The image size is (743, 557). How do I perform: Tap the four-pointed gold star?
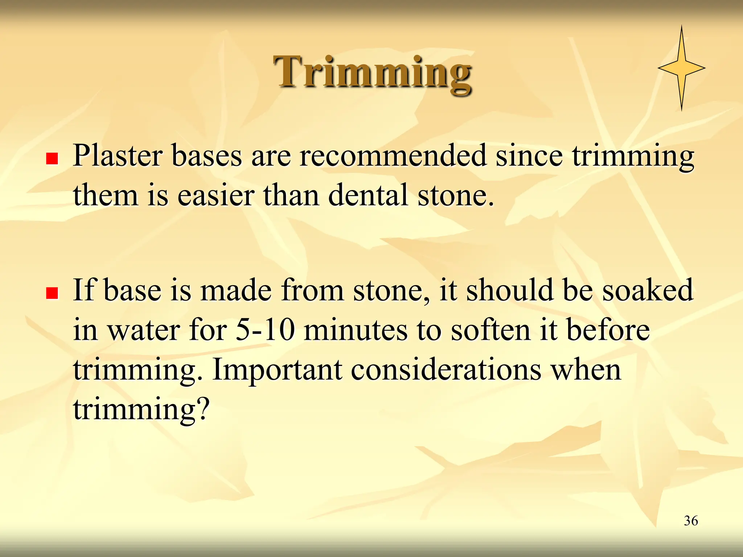(681, 68)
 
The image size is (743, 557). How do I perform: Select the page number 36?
(691, 521)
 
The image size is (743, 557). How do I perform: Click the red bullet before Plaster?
(52, 158)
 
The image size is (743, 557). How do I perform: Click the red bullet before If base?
(52, 293)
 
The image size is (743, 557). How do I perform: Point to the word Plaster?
(117, 156)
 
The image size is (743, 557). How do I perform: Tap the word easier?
(215, 196)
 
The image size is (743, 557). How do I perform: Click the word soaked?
(648, 290)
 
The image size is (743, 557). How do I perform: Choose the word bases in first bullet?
(206, 156)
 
